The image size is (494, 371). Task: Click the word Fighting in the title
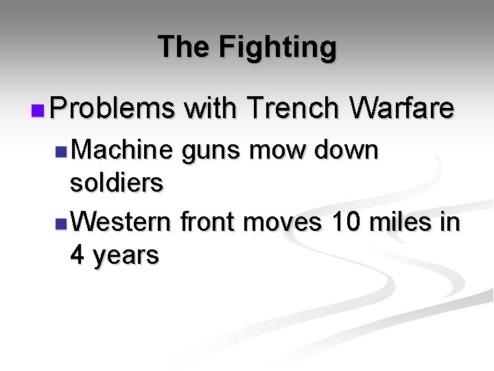(x=278, y=47)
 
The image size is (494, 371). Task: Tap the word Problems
(x=113, y=108)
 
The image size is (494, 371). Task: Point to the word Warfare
(x=401, y=108)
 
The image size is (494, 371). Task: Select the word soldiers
(x=117, y=183)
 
